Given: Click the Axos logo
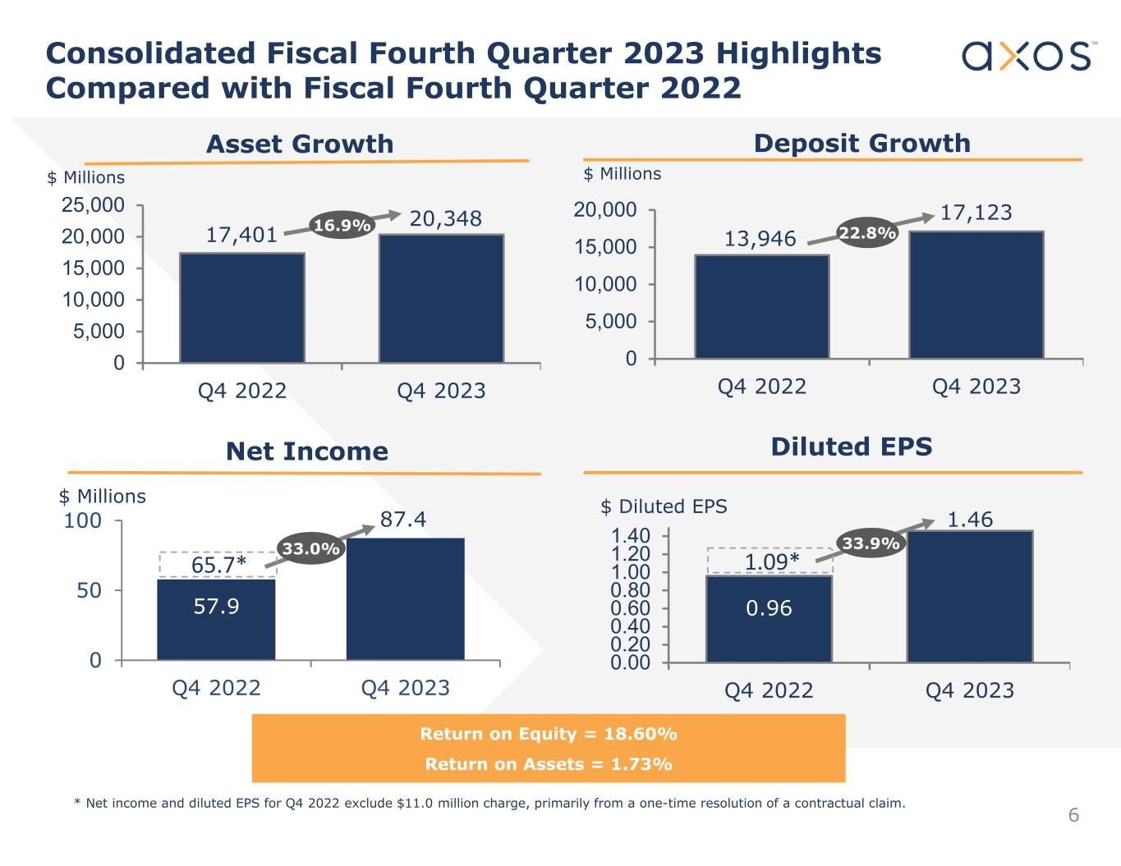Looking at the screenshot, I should click(x=1029, y=56).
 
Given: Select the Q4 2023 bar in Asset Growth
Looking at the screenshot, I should click(x=441, y=299).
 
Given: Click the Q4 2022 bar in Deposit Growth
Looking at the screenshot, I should click(x=761, y=307).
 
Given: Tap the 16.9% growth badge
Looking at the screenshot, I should click(x=342, y=225).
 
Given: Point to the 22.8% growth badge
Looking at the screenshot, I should click(x=867, y=234).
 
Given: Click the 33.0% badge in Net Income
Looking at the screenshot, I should click(x=310, y=549).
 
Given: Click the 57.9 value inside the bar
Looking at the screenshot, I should click(x=217, y=607).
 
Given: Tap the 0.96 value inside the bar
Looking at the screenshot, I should click(x=769, y=608).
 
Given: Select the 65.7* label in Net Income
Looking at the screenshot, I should click(x=218, y=565).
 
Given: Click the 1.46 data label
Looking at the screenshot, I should click(x=970, y=520).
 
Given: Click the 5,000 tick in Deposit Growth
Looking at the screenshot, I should click(x=611, y=322).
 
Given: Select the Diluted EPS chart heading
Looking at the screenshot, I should click(x=852, y=447).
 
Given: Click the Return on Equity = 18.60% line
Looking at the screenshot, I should click(x=548, y=733).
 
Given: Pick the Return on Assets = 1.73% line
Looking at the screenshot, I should click(x=548, y=764).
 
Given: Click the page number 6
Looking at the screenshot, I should click(x=1073, y=815).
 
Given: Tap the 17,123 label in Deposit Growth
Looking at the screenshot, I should click(x=976, y=213).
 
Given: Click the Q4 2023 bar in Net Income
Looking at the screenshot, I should click(x=406, y=599).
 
